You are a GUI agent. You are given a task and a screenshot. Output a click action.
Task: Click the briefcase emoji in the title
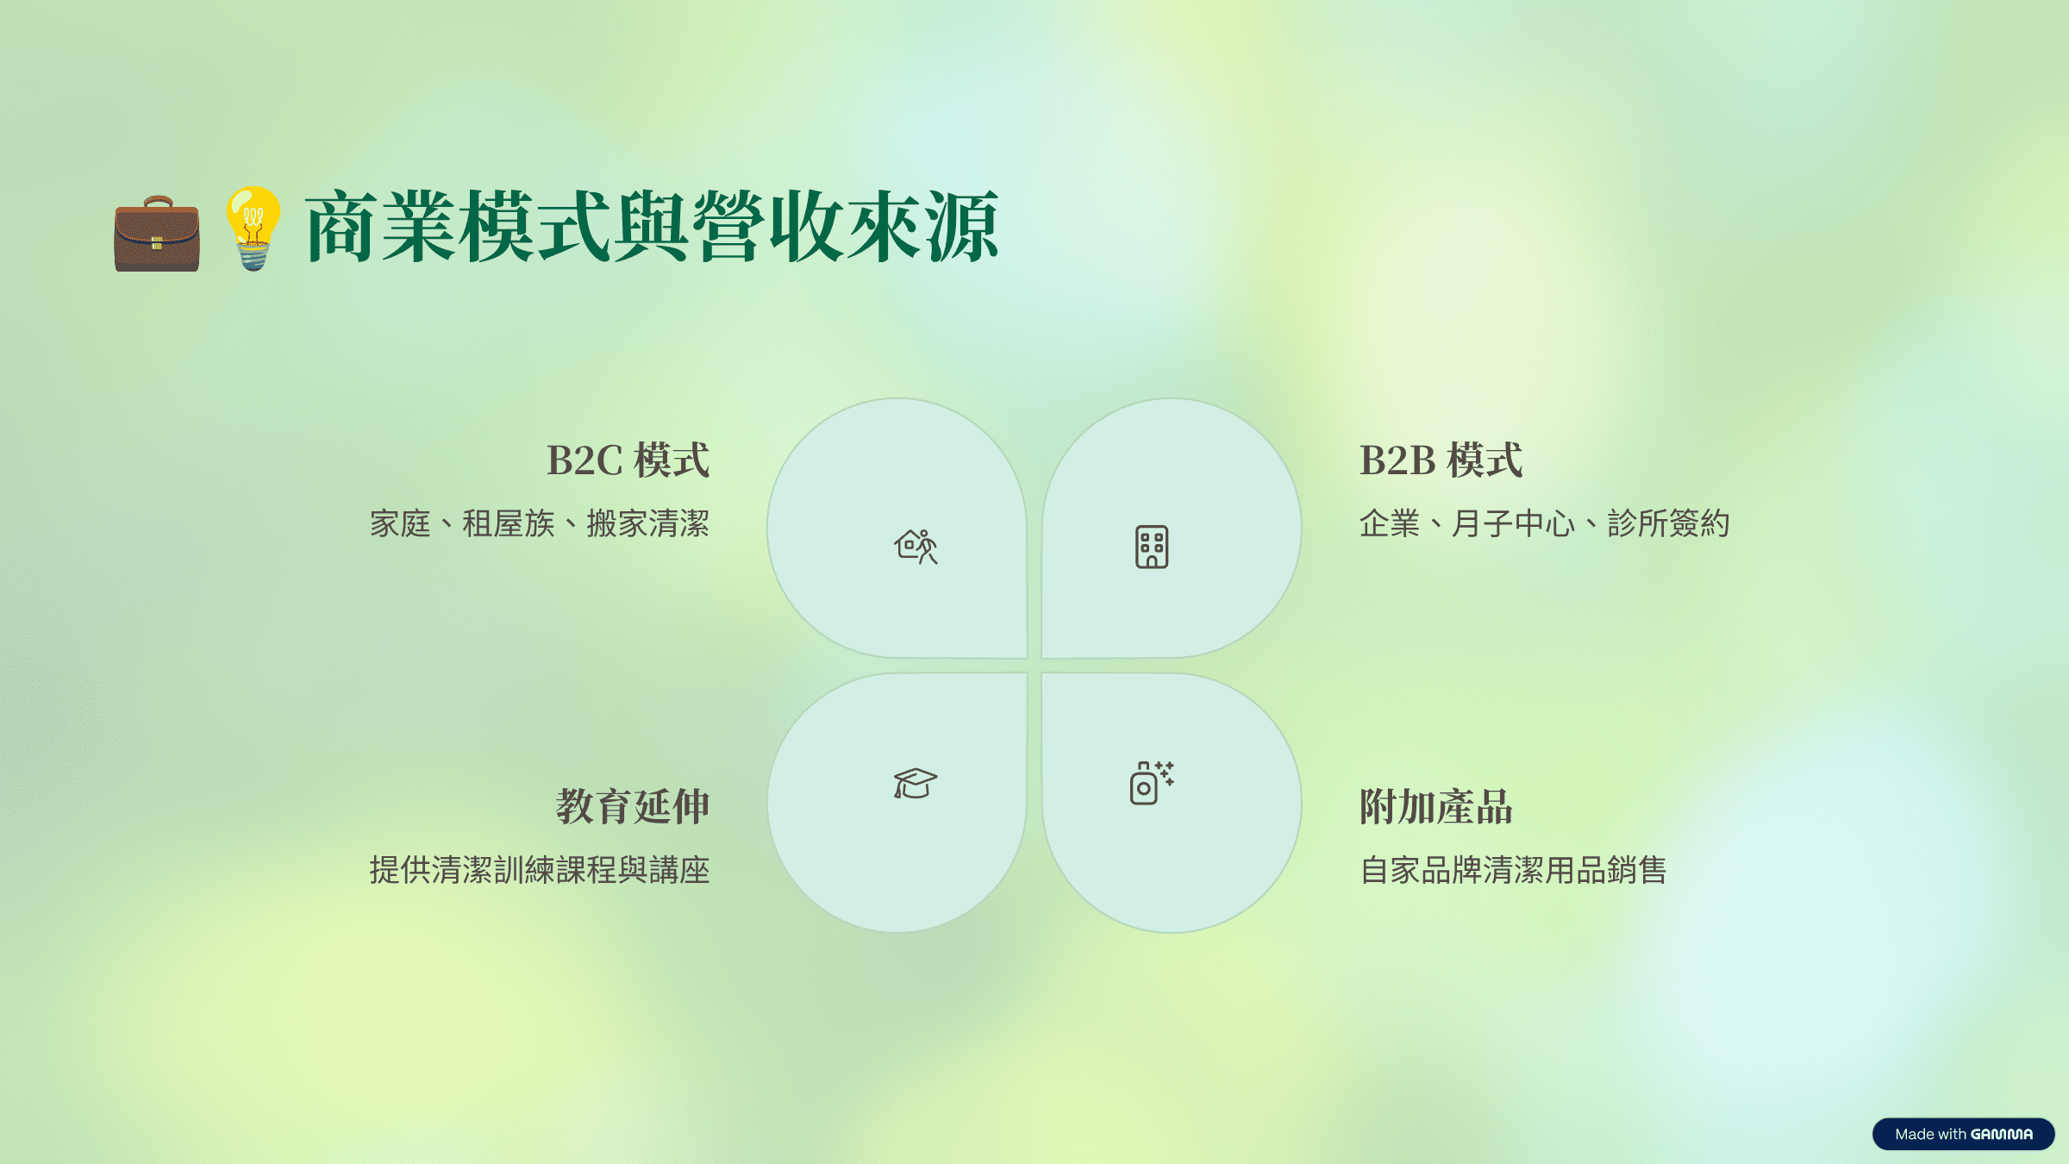click(x=157, y=234)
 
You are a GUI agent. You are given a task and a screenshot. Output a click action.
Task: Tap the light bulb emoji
click(x=253, y=228)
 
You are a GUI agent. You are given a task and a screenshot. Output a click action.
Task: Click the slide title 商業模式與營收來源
click(x=652, y=227)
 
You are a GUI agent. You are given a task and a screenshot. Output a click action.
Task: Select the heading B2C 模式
click(x=628, y=460)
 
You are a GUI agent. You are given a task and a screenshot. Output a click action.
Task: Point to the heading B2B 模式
click(x=1441, y=460)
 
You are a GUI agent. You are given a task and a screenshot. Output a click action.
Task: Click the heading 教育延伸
click(x=633, y=806)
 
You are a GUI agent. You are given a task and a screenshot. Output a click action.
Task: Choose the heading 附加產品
click(x=1436, y=806)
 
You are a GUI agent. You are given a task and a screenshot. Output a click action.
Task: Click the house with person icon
click(x=916, y=547)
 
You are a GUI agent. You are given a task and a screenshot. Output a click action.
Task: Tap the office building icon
click(x=1152, y=547)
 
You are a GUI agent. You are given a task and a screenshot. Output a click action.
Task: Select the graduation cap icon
click(x=915, y=783)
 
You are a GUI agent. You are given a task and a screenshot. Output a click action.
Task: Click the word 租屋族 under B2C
click(x=509, y=523)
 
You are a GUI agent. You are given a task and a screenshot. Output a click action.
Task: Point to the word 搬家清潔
click(x=648, y=523)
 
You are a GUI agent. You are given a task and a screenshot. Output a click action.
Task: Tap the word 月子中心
click(x=1514, y=523)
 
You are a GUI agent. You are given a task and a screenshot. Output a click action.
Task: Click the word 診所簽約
click(x=1669, y=523)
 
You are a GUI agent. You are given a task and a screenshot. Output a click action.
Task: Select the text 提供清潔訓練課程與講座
click(x=540, y=870)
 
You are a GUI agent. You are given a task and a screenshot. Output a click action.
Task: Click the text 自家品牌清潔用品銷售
click(x=1513, y=870)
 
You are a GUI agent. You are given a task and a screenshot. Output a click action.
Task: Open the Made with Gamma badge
click(x=1964, y=1134)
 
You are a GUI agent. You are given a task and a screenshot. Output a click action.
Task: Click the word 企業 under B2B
click(x=1390, y=523)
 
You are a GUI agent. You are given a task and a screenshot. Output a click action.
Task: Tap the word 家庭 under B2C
click(x=400, y=523)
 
